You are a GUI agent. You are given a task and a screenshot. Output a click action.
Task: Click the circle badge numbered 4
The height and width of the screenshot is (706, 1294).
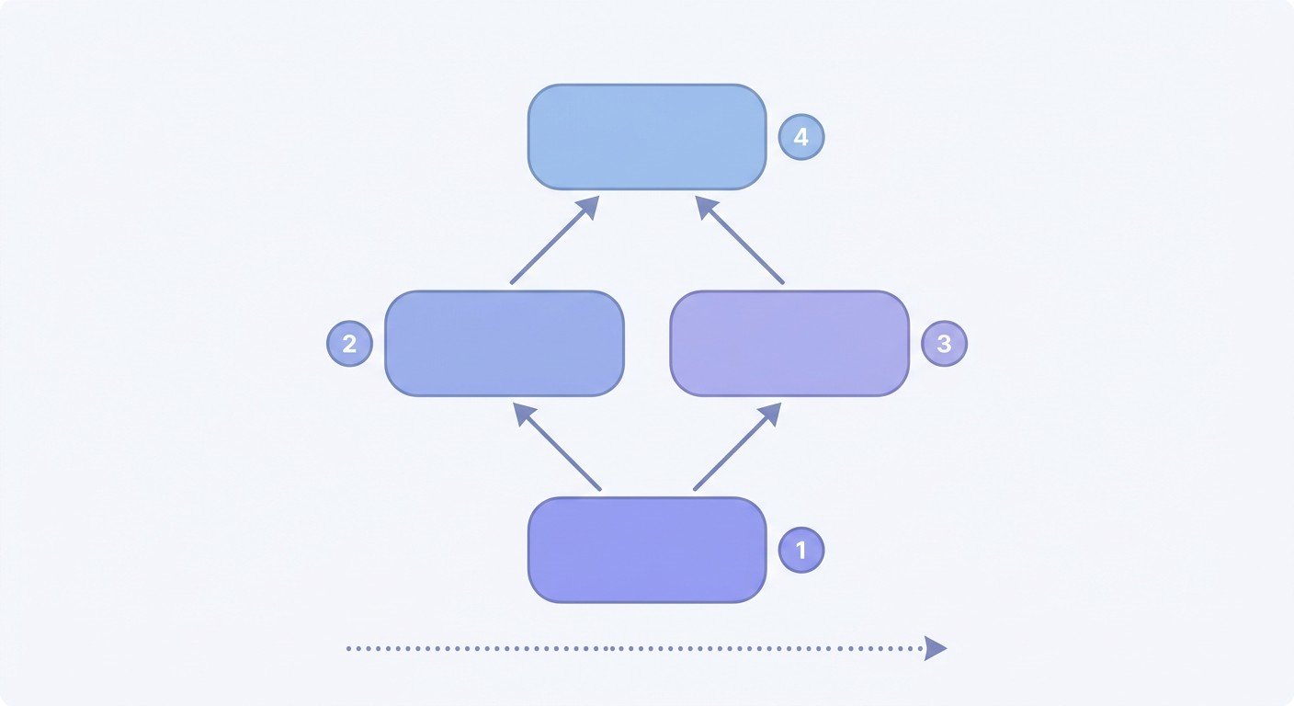point(801,137)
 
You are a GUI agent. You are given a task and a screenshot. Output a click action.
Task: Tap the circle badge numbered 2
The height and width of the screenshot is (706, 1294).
point(349,344)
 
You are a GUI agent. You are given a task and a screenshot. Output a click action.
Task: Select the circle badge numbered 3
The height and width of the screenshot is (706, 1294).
point(944,344)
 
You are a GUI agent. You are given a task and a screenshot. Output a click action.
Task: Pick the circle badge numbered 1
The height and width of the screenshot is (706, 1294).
point(801,550)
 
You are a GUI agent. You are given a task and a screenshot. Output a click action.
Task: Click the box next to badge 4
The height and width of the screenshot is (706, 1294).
point(647,137)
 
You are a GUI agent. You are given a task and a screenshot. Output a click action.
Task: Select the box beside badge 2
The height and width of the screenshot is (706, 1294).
point(505,344)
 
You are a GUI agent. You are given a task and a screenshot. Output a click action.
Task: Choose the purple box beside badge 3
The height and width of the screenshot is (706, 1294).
point(789,344)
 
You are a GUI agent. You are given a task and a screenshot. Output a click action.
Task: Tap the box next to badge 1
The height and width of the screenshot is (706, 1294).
point(647,550)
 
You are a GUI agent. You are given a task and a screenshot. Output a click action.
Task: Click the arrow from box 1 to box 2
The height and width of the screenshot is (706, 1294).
point(557,447)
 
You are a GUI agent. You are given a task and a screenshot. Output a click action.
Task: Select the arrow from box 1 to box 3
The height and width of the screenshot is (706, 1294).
point(738,447)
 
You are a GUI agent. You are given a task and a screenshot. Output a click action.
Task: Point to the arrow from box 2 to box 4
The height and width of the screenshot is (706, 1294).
point(554,240)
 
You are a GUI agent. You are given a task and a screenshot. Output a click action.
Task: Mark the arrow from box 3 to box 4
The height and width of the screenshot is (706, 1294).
point(740,240)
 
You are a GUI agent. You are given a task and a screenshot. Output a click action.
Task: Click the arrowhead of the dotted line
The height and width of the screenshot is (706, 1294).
point(936,648)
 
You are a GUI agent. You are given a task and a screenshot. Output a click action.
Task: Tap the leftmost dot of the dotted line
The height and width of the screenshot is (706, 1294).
point(349,649)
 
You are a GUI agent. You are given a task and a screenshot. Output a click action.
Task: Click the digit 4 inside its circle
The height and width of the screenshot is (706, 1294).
point(801,137)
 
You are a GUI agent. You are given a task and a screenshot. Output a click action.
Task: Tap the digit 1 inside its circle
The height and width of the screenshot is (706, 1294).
point(801,550)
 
